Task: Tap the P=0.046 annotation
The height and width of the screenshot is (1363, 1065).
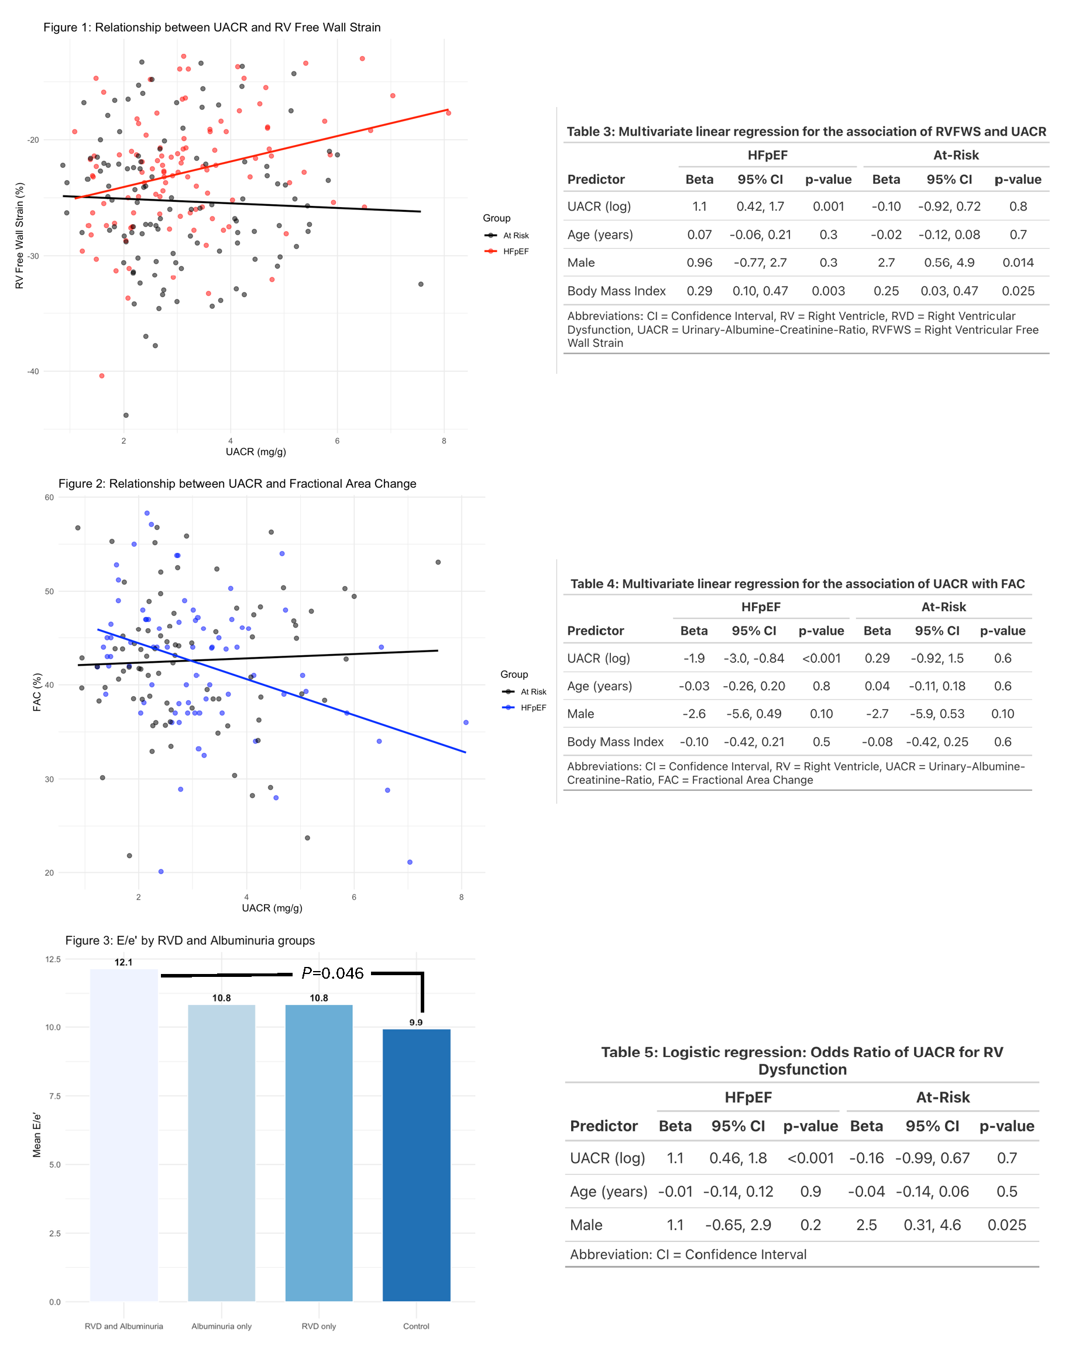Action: point(332,973)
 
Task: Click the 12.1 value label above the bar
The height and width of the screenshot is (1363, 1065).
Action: point(123,962)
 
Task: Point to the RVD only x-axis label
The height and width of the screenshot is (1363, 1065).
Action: point(318,1326)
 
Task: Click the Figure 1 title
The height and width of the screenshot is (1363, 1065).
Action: point(212,27)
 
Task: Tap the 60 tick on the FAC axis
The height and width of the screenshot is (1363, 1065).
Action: point(49,497)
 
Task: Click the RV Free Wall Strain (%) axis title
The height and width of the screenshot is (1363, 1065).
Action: point(19,235)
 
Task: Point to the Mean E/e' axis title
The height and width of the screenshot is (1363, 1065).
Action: point(37,1135)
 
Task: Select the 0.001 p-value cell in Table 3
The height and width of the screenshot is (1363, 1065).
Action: point(828,206)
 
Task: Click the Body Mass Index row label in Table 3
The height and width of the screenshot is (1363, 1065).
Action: point(616,291)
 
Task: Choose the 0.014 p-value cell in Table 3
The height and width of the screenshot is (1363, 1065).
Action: point(1018,263)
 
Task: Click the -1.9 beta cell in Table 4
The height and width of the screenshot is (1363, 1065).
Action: point(693,659)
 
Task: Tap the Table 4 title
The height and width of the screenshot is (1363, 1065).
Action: point(797,584)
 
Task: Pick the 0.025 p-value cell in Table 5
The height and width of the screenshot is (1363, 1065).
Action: point(1006,1225)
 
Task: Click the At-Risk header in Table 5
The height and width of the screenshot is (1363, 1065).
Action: point(943,1098)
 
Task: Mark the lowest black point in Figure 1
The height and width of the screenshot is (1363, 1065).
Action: point(126,415)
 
